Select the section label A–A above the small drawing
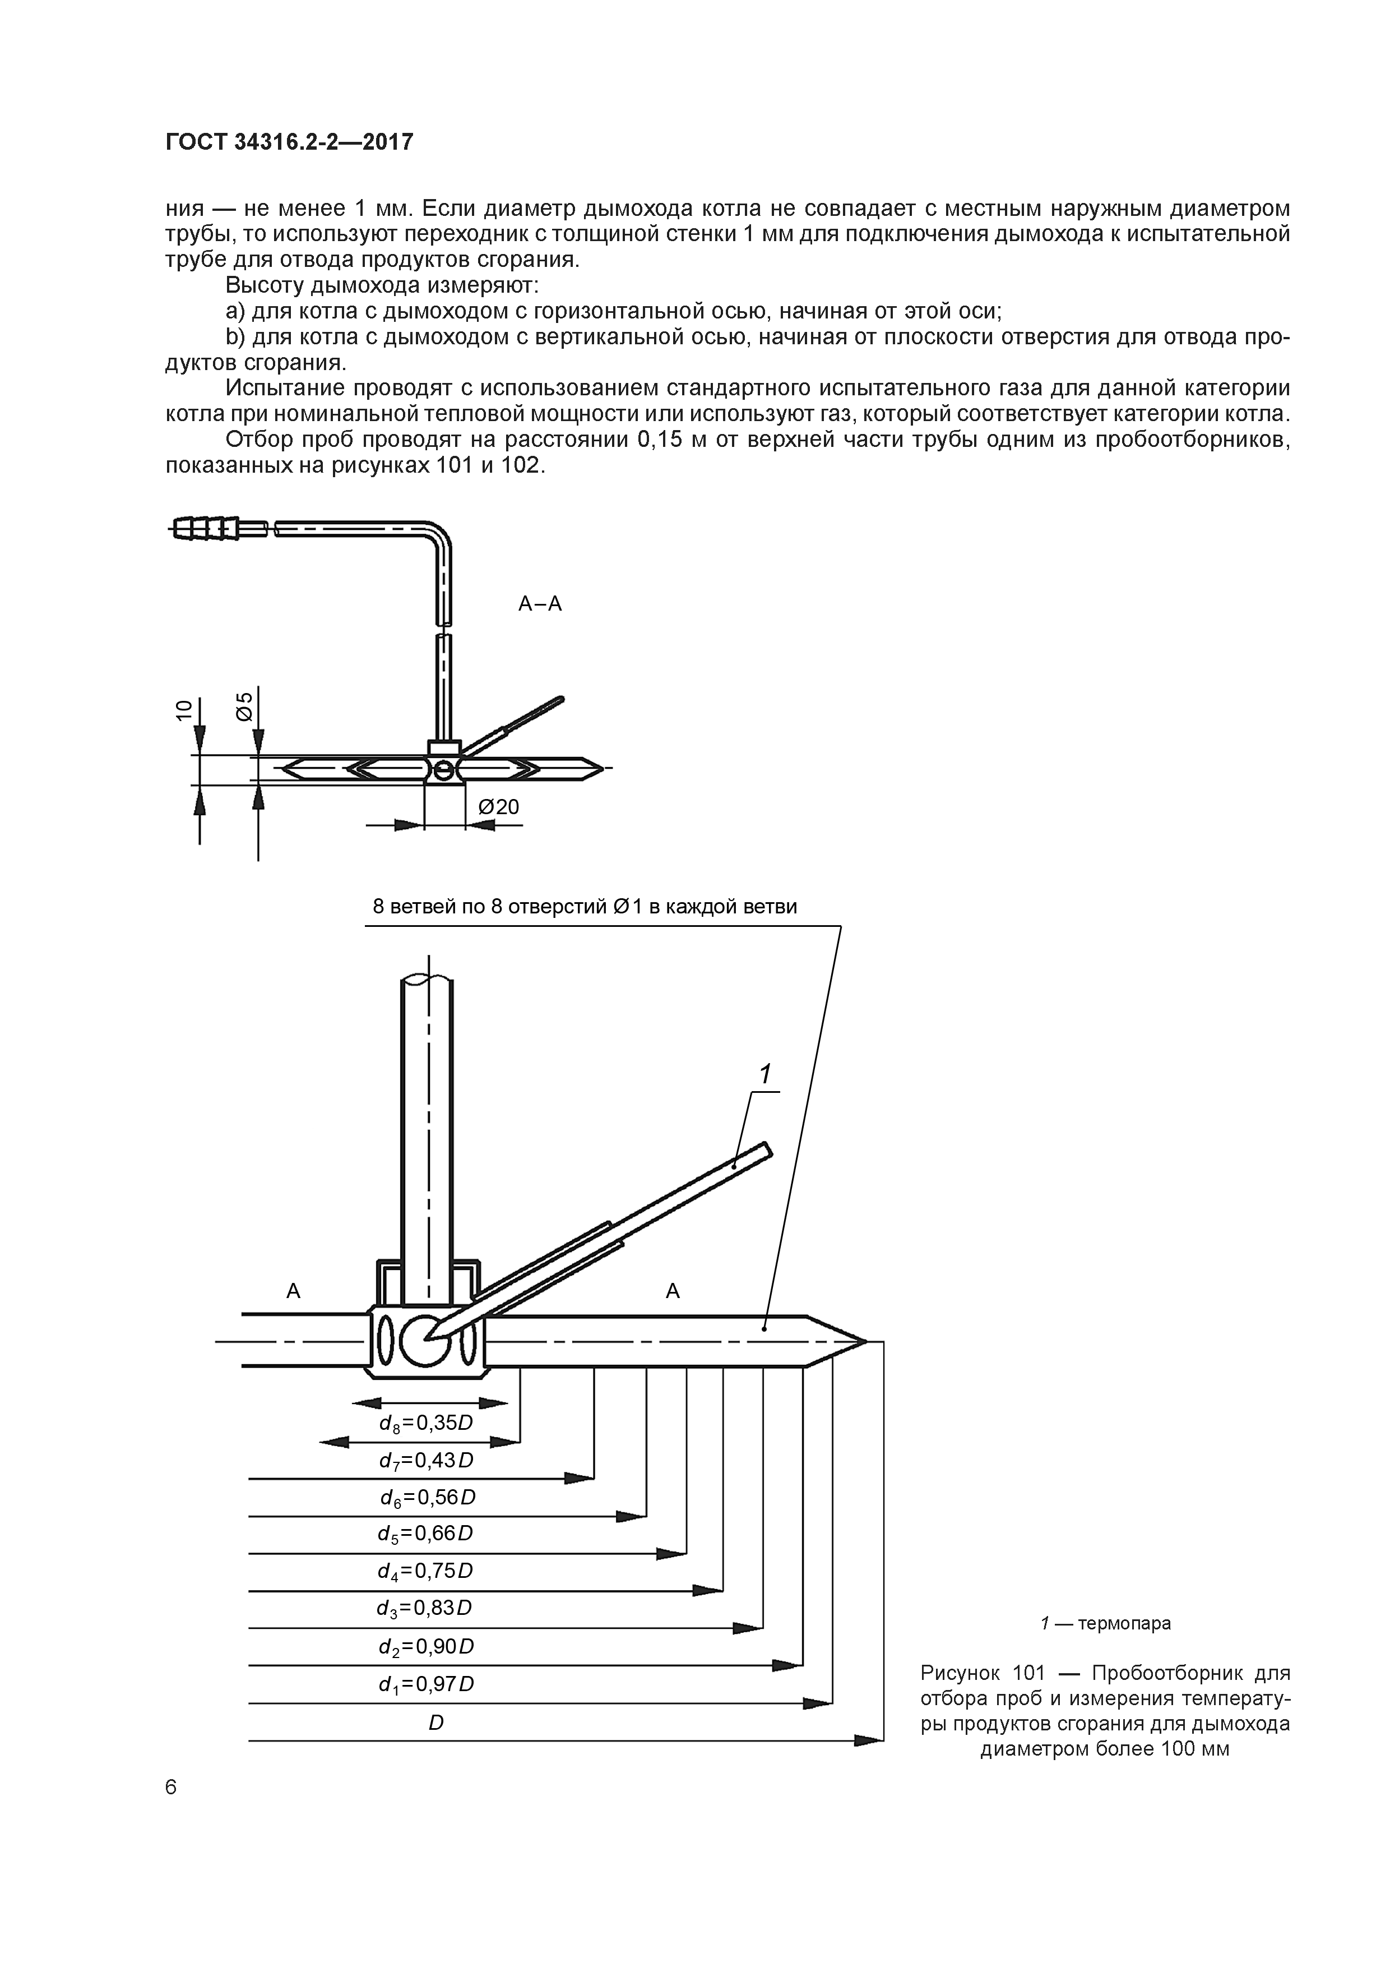pos(540,604)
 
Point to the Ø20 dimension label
pos(498,807)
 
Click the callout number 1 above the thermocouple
pos(765,1074)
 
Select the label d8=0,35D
pos(425,1423)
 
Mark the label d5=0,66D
pos(425,1532)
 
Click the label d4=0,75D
pos(425,1571)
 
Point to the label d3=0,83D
pos(425,1607)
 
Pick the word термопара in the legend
pos(1124,1623)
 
